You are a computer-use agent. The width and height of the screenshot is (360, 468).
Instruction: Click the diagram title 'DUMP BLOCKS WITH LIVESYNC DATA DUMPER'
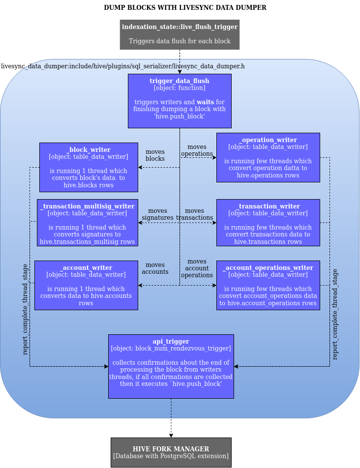185,8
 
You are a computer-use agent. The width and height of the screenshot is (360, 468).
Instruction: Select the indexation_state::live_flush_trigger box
180,34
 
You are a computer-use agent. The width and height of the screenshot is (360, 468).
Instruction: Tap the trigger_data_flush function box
180,101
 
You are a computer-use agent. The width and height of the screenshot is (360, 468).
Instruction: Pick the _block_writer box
89,167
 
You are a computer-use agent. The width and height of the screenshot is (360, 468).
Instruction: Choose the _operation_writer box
268,157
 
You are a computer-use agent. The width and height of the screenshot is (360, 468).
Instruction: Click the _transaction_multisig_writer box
88,222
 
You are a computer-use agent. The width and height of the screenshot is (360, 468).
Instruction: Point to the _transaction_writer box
268,222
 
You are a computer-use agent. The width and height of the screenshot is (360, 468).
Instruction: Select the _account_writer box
86,285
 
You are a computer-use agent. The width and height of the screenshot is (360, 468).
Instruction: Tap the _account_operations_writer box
268,285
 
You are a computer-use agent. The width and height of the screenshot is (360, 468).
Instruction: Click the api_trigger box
171,366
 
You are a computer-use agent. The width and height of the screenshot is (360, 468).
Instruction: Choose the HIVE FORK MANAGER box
171,452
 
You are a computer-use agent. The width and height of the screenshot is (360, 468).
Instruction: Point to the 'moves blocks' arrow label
155,155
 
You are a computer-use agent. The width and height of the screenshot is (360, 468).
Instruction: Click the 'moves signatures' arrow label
157,214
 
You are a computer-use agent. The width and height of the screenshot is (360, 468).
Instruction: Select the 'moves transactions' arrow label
194,214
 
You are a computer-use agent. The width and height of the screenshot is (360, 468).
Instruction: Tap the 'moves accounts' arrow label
155,268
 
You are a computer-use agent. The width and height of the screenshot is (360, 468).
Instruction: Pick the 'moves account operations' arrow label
197,268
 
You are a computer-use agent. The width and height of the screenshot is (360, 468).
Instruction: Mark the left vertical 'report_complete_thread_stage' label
26,309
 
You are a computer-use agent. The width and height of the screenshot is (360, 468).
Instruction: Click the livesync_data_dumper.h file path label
123,66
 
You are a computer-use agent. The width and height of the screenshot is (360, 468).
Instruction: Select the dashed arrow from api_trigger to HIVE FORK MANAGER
171,418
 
